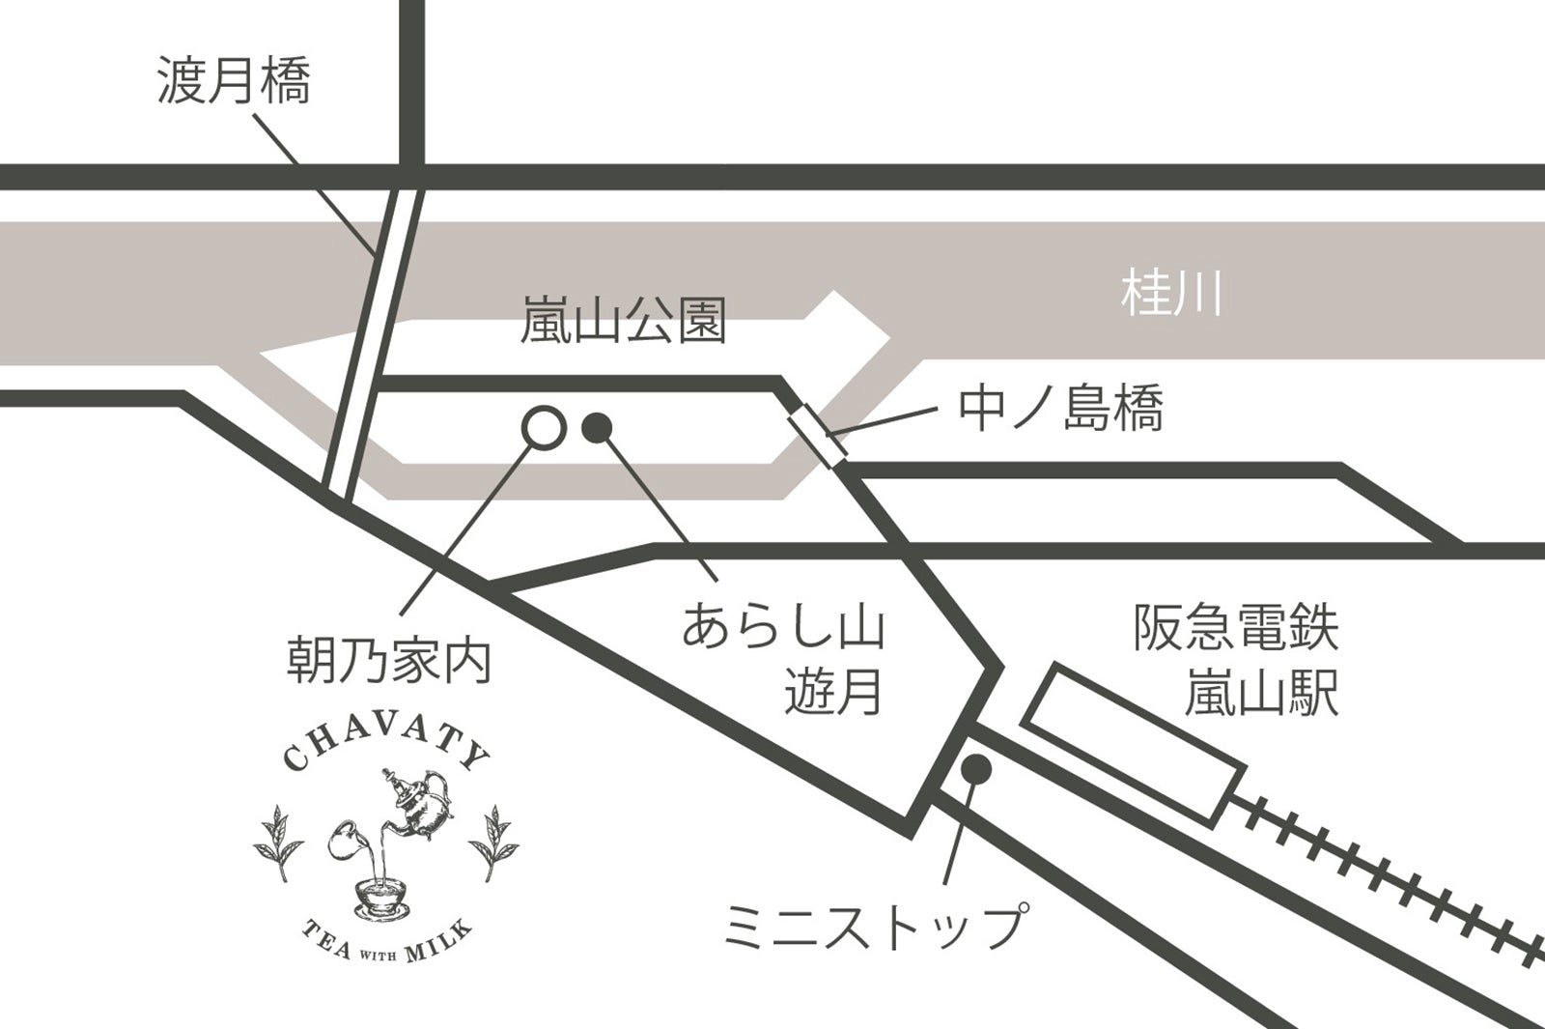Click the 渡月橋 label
point(234,80)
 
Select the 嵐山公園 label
point(623,321)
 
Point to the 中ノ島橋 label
point(1060,408)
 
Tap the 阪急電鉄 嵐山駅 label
point(1236,661)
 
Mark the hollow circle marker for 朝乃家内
point(543,426)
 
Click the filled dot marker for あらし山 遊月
point(598,425)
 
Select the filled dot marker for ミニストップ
point(977,768)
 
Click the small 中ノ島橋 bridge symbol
point(818,438)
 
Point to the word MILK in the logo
point(439,942)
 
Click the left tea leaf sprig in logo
point(276,841)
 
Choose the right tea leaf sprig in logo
point(495,841)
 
